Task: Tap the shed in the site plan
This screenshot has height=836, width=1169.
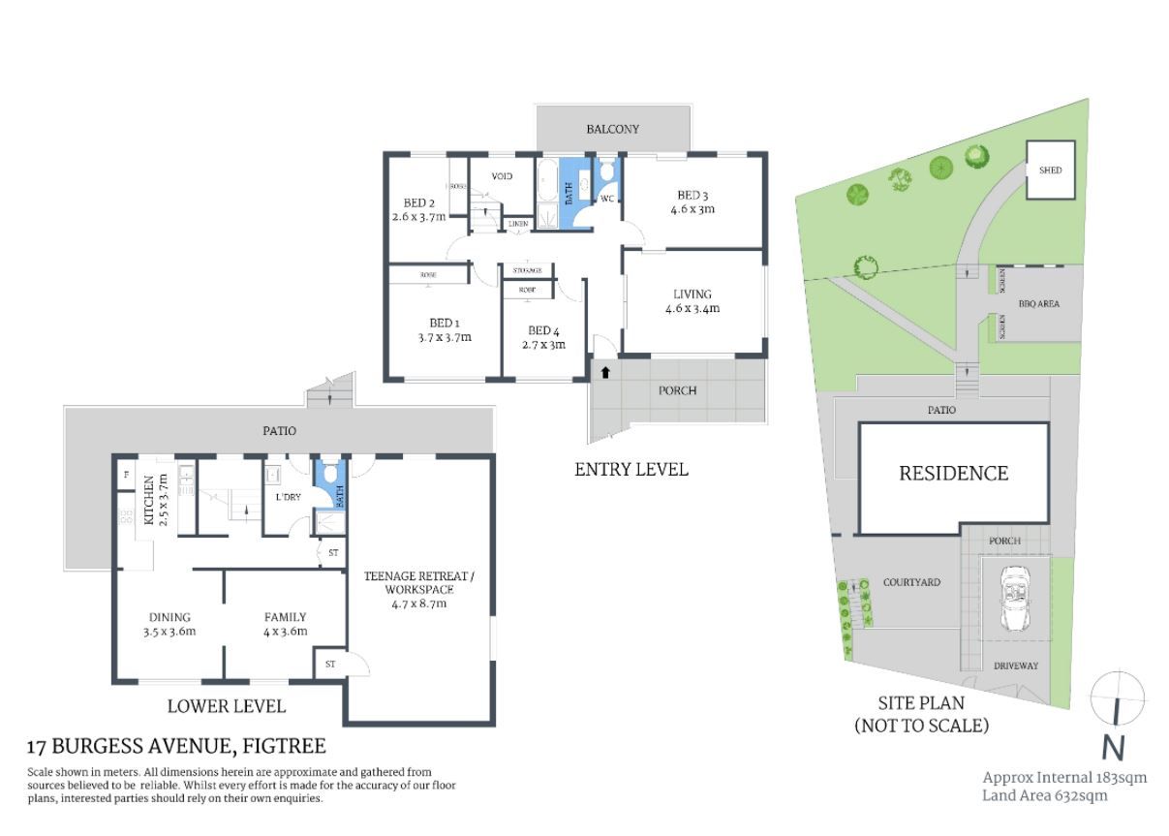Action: pos(1050,170)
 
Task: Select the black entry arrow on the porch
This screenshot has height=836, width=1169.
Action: pos(605,372)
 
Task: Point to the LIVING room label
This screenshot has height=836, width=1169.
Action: pos(692,301)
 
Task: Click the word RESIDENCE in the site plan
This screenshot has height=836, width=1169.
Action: pos(953,474)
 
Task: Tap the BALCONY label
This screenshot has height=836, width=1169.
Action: pos(612,129)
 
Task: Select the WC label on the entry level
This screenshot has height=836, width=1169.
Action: pos(607,200)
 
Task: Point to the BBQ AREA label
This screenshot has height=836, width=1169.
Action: pos(1038,303)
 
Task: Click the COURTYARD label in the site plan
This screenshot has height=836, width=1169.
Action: pos(911,582)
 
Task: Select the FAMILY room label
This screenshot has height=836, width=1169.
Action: pos(285,624)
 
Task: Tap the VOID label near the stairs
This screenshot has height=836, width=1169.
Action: pos(502,176)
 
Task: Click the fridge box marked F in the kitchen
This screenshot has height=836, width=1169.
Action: pos(126,476)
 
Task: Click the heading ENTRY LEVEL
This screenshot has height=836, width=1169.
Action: pos(631,470)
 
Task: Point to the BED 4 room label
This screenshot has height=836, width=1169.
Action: pos(544,337)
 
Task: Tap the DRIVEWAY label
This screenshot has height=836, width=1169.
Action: pos(1015,666)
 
